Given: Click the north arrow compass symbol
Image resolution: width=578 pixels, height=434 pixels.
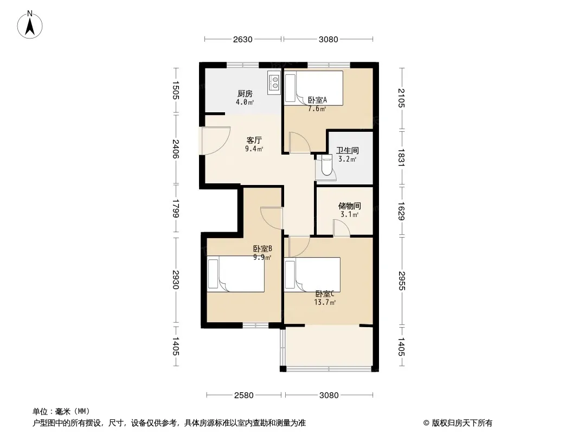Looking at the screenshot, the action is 30,25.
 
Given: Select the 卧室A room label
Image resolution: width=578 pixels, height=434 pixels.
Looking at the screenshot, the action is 317,100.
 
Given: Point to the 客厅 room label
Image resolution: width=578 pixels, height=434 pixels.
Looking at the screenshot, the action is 254,140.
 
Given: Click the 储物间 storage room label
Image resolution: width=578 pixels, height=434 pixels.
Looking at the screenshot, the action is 349,206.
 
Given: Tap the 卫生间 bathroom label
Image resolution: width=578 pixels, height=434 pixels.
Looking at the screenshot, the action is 347,150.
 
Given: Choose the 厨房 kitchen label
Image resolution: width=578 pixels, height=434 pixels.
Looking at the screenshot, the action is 245,94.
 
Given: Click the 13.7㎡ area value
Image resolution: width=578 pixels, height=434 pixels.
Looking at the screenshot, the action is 325,303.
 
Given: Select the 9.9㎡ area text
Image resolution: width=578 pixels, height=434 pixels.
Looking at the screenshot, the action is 262,257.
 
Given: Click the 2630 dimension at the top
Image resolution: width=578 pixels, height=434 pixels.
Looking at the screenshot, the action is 242,40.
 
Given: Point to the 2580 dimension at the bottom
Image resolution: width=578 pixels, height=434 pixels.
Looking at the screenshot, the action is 243,395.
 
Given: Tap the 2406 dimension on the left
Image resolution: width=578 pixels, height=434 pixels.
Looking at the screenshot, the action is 176,149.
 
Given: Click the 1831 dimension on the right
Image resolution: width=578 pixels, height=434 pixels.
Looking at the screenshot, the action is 402,158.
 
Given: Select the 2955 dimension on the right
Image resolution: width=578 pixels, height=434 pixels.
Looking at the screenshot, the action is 402,281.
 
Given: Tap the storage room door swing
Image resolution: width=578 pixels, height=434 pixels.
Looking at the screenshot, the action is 342,227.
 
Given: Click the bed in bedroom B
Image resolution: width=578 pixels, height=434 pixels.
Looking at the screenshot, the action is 235,274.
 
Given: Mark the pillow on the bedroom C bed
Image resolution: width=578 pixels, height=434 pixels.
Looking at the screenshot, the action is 290,275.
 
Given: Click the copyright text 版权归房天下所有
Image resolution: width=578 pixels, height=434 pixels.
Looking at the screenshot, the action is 461,423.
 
